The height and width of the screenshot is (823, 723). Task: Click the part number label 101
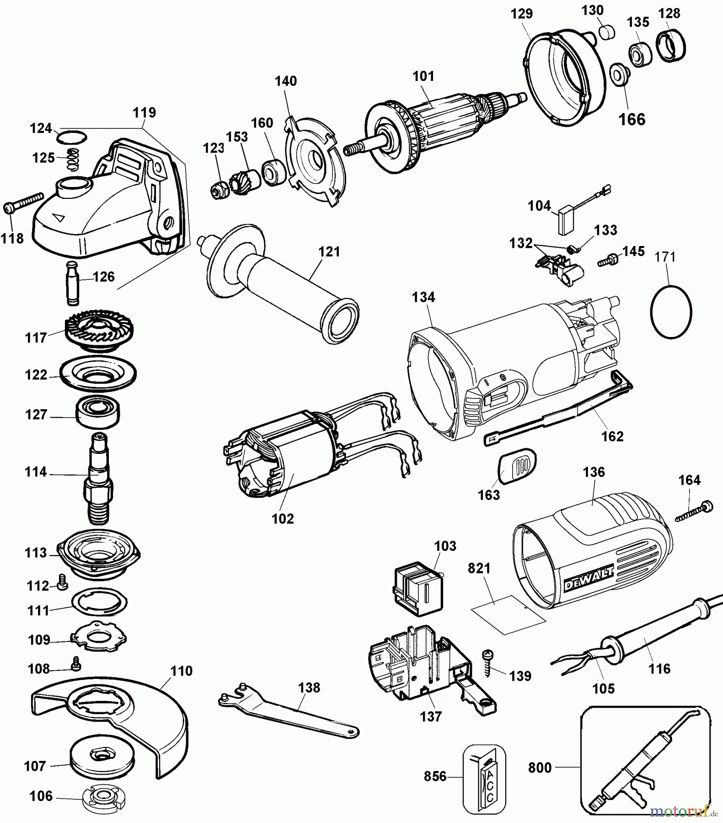pyautogui.click(x=423, y=76)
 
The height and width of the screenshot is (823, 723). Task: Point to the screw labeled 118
pyautogui.click(x=23, y=202)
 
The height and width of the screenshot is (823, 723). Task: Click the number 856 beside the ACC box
pyautogui.click(x=435, y=776)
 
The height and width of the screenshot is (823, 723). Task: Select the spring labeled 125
pyautogui.click(x=73, y=158)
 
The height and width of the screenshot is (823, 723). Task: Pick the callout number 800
pyautogui.click(x=540, y=767)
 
